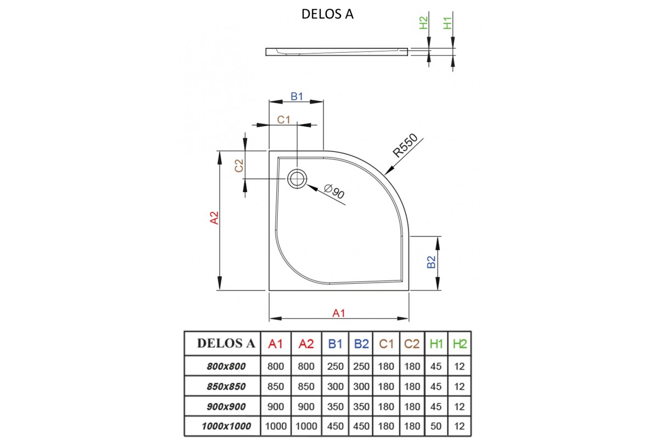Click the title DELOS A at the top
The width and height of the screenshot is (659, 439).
(327, 14)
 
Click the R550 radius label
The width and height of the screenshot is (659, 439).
(406, 146)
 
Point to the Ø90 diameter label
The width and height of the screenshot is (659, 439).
(334, 192)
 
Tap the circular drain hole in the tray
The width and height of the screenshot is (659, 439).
(297, 178)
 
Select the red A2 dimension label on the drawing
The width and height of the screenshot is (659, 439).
(215, 218)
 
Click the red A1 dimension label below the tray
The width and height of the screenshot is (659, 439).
(339, 313)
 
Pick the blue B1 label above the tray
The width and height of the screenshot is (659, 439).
(297, 97)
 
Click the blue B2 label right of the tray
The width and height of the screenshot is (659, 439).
(432, 262)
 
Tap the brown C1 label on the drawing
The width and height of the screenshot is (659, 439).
(283, 120)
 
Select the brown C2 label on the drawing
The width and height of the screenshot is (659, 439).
(239, 165)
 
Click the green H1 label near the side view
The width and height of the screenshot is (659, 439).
(448, 23)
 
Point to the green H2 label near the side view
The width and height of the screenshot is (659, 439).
(423, 23)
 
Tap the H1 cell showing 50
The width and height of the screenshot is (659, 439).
(436, 426)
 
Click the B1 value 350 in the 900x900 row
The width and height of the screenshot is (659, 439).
(335, 406)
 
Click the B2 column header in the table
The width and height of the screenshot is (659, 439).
(361, 344)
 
